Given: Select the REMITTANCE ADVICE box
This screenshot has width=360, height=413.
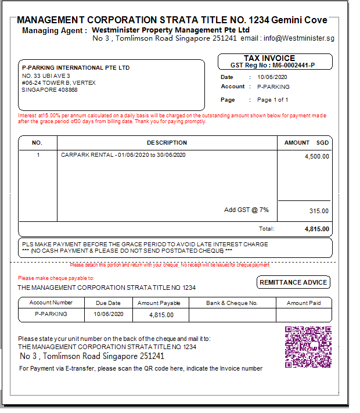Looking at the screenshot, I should pyautogui.click(x=294, y=282).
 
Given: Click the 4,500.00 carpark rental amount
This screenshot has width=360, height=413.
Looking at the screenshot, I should pyautogui.click(x=317, y=156).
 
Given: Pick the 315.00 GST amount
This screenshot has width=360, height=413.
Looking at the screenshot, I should pyautogui.click(x=319, y=211).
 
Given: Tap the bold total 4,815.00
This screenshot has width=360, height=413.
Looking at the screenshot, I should pyautogui.click(x=317, y=229).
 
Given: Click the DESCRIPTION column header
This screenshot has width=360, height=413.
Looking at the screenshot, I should pyautogui.click(x=167, y=143).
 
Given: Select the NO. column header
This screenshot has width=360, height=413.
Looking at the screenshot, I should pyautogui.click(x=37, y=143).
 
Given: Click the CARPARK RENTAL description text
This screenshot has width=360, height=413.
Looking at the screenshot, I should pyautogui.click(x=123, y=155).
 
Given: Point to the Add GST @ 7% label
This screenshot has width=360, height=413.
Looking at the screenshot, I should pyautogui.click(x=246, y=210).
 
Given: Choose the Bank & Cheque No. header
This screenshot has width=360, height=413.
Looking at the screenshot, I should pyautogui.click(x=232, y=303).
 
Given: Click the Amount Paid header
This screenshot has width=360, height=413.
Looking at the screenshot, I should pyautogui.click(x=303, y=303).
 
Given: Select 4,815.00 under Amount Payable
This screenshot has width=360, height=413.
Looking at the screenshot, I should pyautogui.click(x=161, y=315).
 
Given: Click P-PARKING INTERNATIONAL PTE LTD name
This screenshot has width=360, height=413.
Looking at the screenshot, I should pyautogui.click(x=76, y=68).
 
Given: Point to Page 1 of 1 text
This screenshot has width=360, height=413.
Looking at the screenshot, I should pyautogui.click(x=273, y=100).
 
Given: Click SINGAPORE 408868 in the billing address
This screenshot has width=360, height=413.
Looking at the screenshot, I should pyautogui.click(x=49, y=90).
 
